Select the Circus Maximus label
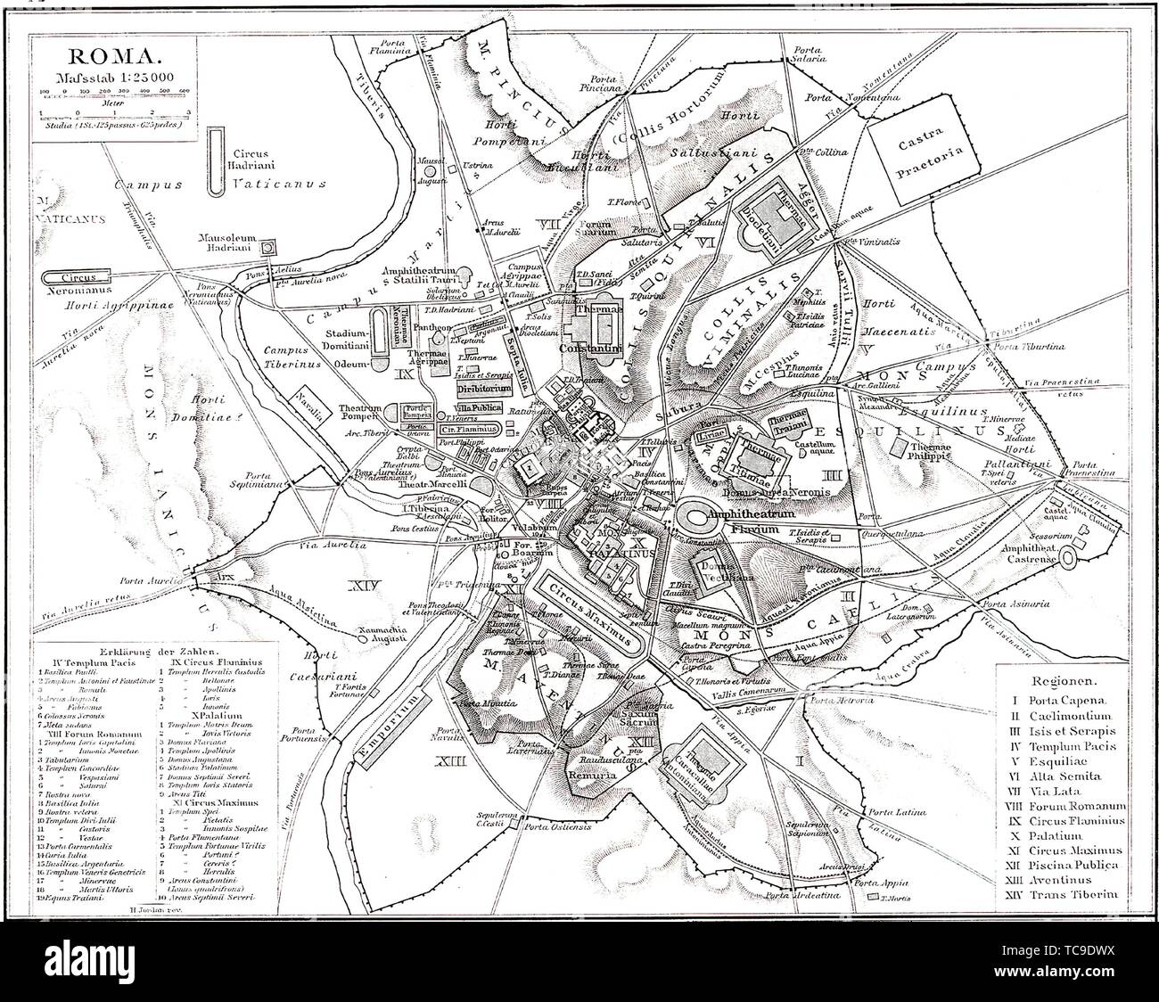589,612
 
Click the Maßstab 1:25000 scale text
111,77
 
